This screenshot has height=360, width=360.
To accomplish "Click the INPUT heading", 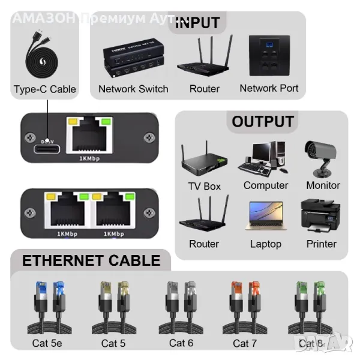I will [x=197, y=24].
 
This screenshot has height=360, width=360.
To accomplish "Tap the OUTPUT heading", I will [x=263, y=121].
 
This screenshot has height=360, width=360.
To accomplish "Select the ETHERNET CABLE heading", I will [x=91, y=260].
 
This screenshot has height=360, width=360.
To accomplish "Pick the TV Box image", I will [x=204, y=158].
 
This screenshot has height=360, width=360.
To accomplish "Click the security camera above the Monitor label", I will [x=323, y=157].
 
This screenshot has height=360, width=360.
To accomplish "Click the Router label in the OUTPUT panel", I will [x=204, y=244].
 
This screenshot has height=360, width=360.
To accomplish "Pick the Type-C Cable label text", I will [x=45, y=89].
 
